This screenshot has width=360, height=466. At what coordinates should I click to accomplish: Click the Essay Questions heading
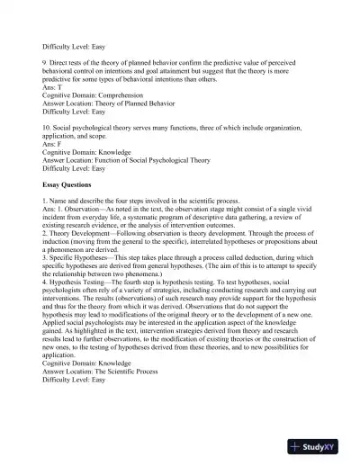click(x=68, y=184)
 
